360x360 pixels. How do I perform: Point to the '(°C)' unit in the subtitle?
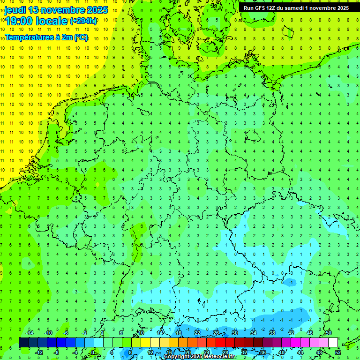click(81, 37)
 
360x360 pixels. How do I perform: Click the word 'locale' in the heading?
click(52, 21)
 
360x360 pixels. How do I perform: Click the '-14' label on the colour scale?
click(30, 333)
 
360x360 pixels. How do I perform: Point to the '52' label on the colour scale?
click(337, 352)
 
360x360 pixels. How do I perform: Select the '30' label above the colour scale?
click(234, 333)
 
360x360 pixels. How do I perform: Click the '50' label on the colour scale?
click(328, 333)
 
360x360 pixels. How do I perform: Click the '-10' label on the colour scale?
click(48, 333)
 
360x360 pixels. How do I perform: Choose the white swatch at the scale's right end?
click(333, 343)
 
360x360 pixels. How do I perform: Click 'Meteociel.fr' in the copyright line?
click(220, 357)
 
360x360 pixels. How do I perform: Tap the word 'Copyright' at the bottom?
click(177, 357)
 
